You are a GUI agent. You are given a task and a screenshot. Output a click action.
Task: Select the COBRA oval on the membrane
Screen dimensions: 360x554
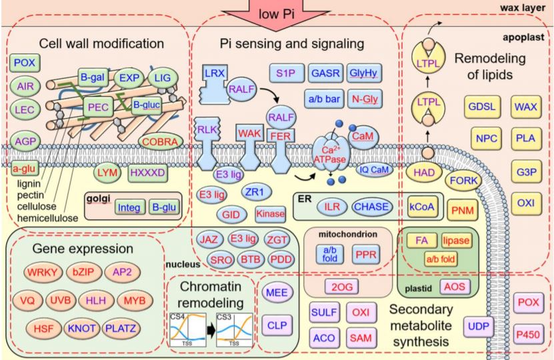[x=163, y=142]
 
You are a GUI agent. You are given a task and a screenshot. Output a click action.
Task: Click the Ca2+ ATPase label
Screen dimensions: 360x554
[x=327, y=154]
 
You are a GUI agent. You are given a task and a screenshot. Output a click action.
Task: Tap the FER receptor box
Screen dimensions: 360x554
[x=281, y=137]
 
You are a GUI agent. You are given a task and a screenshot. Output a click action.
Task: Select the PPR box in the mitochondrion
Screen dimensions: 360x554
[x=367, y=255]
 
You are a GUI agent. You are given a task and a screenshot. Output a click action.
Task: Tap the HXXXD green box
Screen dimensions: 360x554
[x=147, y=172]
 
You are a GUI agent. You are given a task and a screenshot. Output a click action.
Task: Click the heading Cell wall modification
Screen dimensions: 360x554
[x=101, y=43]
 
